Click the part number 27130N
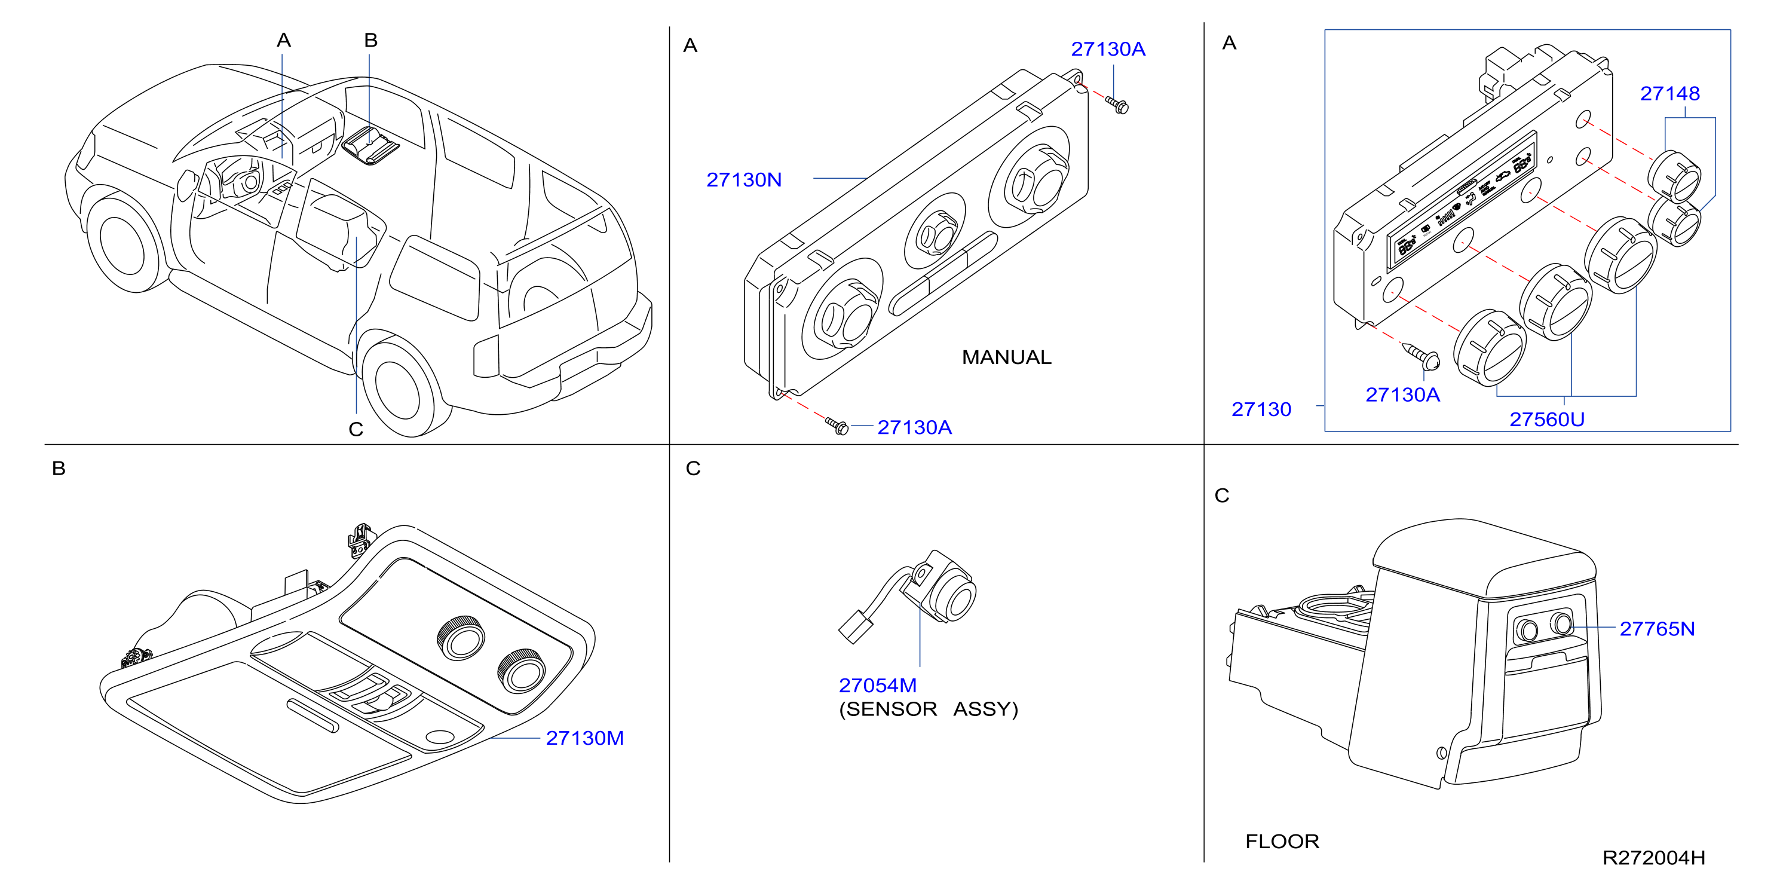(x=743, y=180)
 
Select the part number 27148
(x=1669, y=93)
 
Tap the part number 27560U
(x=1547, y=420)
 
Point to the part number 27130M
(x=585, y=738)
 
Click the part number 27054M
(x=878, y=686)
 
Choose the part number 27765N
(x=1657, y=629)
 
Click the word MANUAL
(x=1006, y=357)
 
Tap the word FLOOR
(x=1282, y=842)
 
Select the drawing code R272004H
(x=1653, y=858)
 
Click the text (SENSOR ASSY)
(x=928, y=709)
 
